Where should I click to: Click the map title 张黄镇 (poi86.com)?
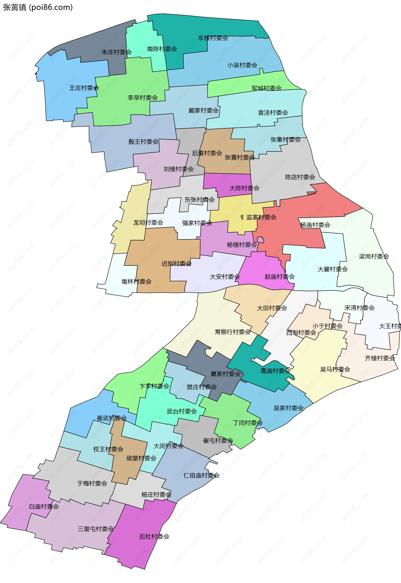(x=38, y=8)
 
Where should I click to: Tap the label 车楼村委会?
(x=213, y=38)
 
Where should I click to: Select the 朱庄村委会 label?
(x=117, y=52)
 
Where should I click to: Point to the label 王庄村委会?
(x=84, y=88)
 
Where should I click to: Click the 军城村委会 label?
(x=266, y=88)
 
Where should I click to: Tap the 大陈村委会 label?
(x=244, y=188)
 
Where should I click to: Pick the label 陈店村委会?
(x=300, y=177)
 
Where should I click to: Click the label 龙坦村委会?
(x=148, y=223)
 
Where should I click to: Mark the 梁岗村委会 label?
(x=374, y=256)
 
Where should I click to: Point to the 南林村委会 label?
(x=136, y=281)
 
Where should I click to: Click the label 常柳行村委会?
(x=233, y=332)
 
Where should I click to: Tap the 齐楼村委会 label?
(x=380, y=358)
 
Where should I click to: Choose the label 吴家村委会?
(x=288, y=408)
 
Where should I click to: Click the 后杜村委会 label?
(x=154, y=536)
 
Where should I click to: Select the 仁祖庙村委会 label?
(x=202, y=475)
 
